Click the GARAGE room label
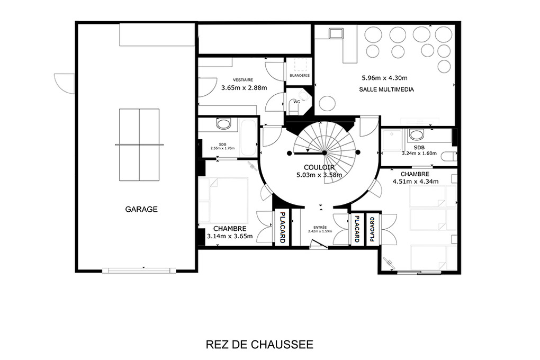[141, 209]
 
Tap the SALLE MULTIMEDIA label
[386, 89]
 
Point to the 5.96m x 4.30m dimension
[384, 78]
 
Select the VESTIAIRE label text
[243, 80]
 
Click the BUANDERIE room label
[300, 76]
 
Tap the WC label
[296, 102]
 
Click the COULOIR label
[319, 167]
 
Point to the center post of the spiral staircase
[325, 152]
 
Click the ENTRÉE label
[320, 227]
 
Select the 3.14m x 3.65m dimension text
[230, 236]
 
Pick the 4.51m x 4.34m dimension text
[416, 182]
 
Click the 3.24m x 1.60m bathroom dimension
[419, 154]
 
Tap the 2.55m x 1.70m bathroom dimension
[222, 148]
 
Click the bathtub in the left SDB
[248, 138]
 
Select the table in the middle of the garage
[139, 145]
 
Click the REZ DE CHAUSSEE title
[259, 345]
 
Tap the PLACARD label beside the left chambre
[282, 227]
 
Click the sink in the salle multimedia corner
[337, 33]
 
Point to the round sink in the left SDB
[223, 123]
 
